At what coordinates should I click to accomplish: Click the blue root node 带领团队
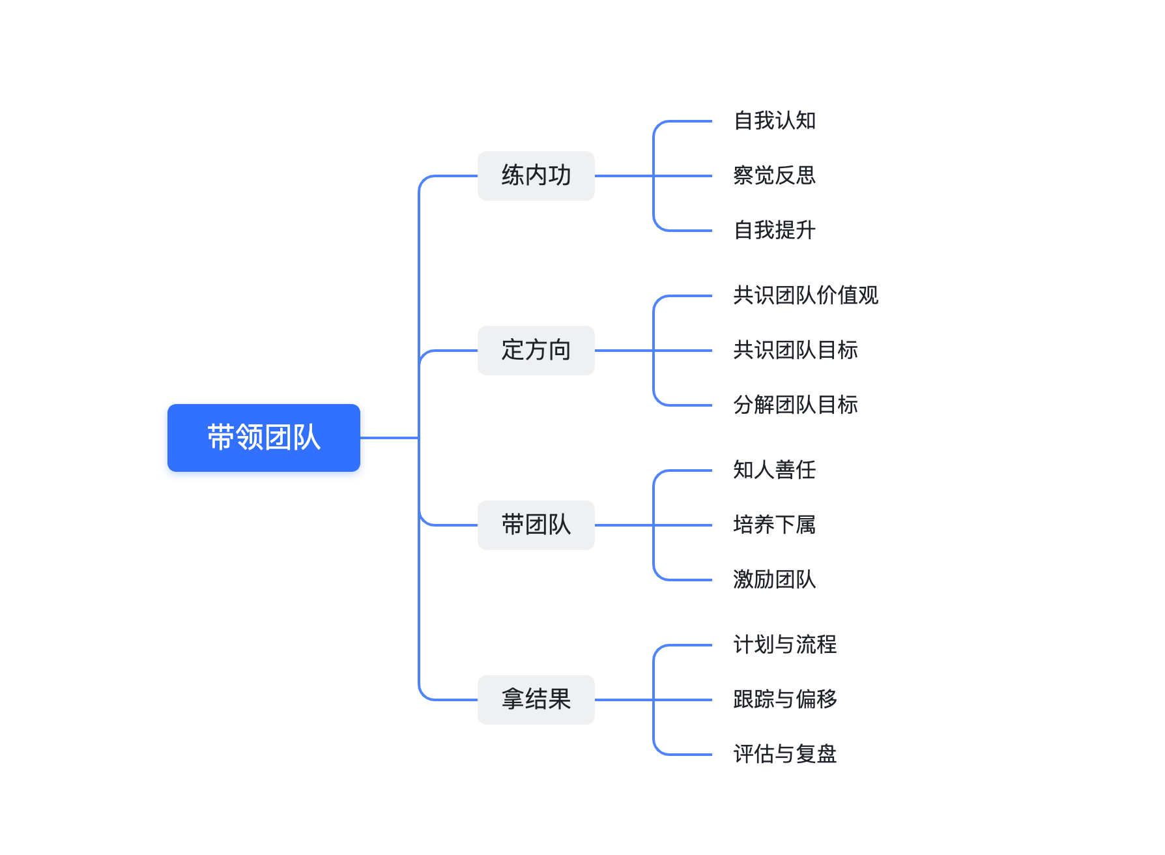click(263, 437)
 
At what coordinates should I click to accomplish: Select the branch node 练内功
click(536, 176)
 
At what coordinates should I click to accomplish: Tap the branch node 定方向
click(536, 351)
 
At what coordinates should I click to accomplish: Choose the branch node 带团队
click(536, 525)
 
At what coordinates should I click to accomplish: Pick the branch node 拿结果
click(536, 700)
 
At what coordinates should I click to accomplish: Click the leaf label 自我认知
click(774, 121)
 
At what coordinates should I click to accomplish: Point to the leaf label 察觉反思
click(774, 176)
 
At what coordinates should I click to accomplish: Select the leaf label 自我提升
click(774, 231)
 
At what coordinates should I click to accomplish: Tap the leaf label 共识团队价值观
click(805, 296)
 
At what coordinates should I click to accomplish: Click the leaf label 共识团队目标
click(795, 351)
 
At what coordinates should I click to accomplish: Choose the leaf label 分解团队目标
click(795, 405)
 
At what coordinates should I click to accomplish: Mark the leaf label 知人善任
click(774, 471)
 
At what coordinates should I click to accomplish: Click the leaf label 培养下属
click(774, 525)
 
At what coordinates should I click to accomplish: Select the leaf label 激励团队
click(774, 580)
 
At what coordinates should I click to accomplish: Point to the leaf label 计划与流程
click(784, 645)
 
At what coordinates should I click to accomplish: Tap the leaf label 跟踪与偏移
click(784, 700)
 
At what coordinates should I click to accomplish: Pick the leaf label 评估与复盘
click(784, 755)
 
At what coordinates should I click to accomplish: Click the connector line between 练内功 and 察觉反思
click(684, 176)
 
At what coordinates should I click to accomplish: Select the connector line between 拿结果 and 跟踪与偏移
click(684, 700)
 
